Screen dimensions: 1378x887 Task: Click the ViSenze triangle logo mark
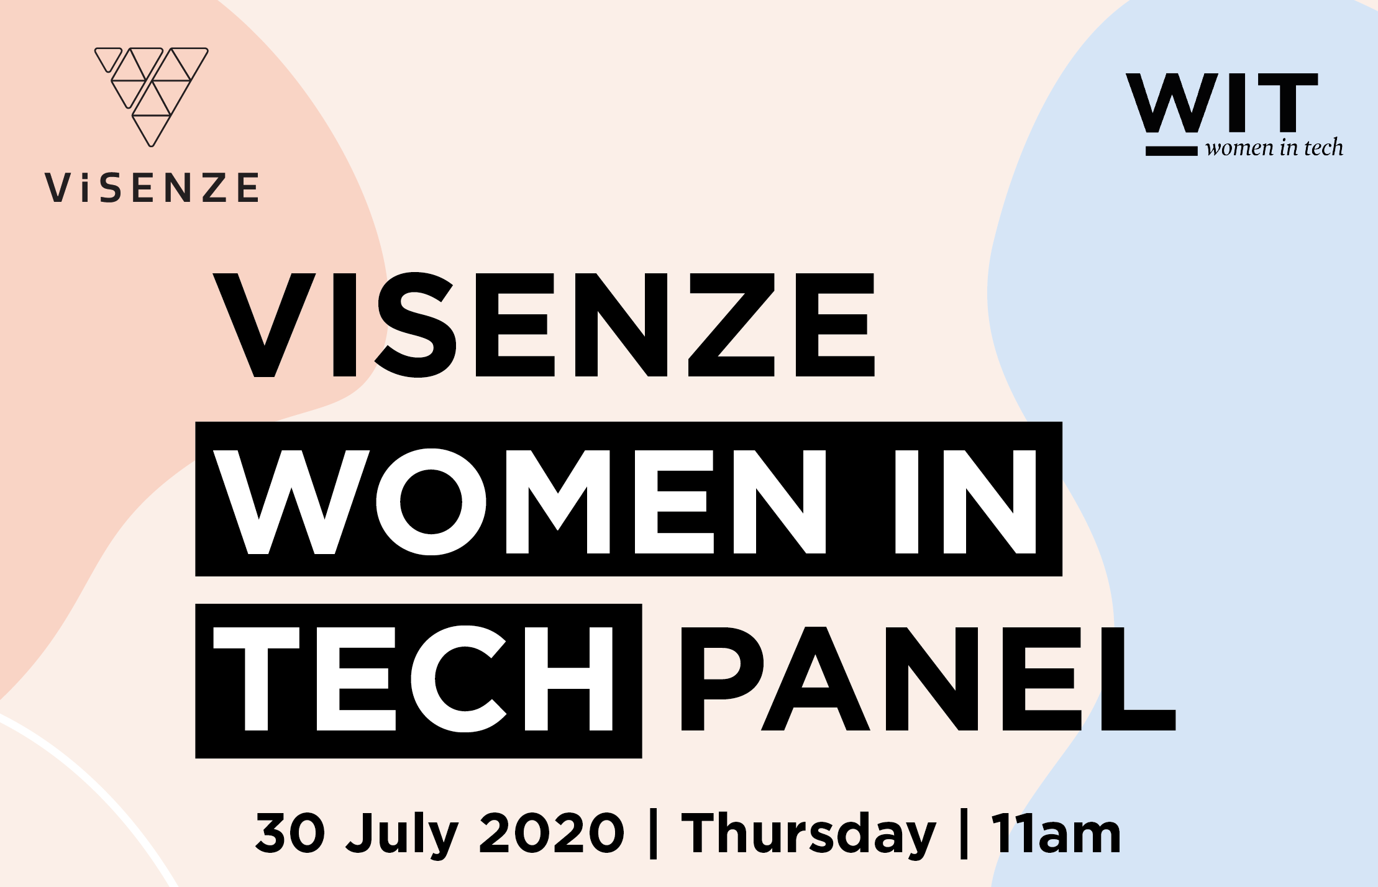pos(152,97)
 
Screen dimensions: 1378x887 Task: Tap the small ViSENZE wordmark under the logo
pos(152,188)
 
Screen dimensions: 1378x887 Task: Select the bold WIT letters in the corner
pos(1222,102)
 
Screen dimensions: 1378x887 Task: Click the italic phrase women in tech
pos(1274,148)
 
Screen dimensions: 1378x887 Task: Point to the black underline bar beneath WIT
pos(1171,151)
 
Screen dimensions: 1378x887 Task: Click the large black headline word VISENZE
pos(544,325)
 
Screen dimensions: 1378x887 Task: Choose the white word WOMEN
pos(521,501)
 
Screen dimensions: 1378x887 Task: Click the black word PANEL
pos(929,678)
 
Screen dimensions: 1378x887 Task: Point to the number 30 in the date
pos(290,833)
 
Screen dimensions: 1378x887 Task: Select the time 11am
pos(1056,833)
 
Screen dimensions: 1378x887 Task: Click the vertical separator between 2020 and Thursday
pos(653,834)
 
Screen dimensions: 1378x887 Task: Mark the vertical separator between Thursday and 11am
pos(964,834)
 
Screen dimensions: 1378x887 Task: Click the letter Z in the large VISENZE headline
pos(731,325)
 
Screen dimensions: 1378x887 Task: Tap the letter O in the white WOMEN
pos(431,501)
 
